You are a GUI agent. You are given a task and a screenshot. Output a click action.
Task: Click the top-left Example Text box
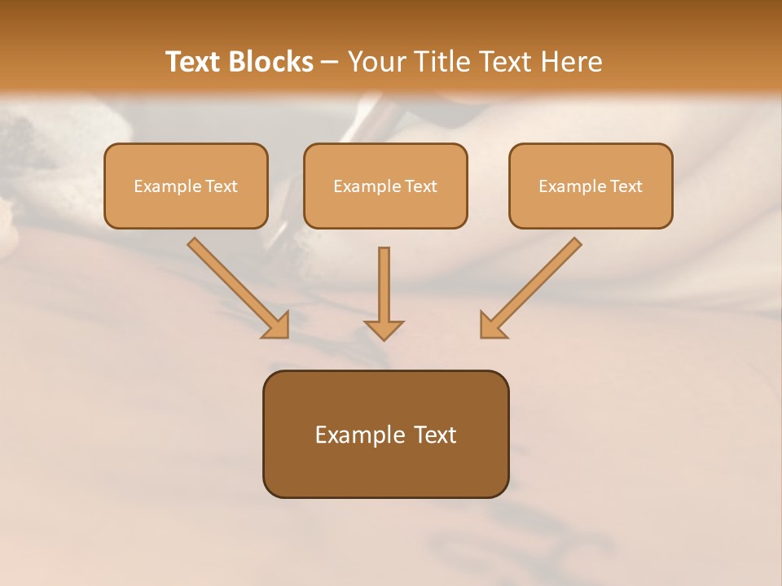click(x=186, y=186)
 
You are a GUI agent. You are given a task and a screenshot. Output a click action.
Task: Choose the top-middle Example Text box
click(x=385, y=186)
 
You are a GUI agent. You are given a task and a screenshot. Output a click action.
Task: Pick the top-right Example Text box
click(x=591, y=186)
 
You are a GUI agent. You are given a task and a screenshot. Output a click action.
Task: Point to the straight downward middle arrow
click(x=384, y=285)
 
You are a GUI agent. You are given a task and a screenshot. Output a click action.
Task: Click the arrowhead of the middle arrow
click(x=384, y=329)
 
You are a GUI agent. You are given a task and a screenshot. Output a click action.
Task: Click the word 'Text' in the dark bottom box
click(x=436, y=435)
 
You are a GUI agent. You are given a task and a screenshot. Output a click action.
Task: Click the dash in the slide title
click(x=330, y=62)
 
